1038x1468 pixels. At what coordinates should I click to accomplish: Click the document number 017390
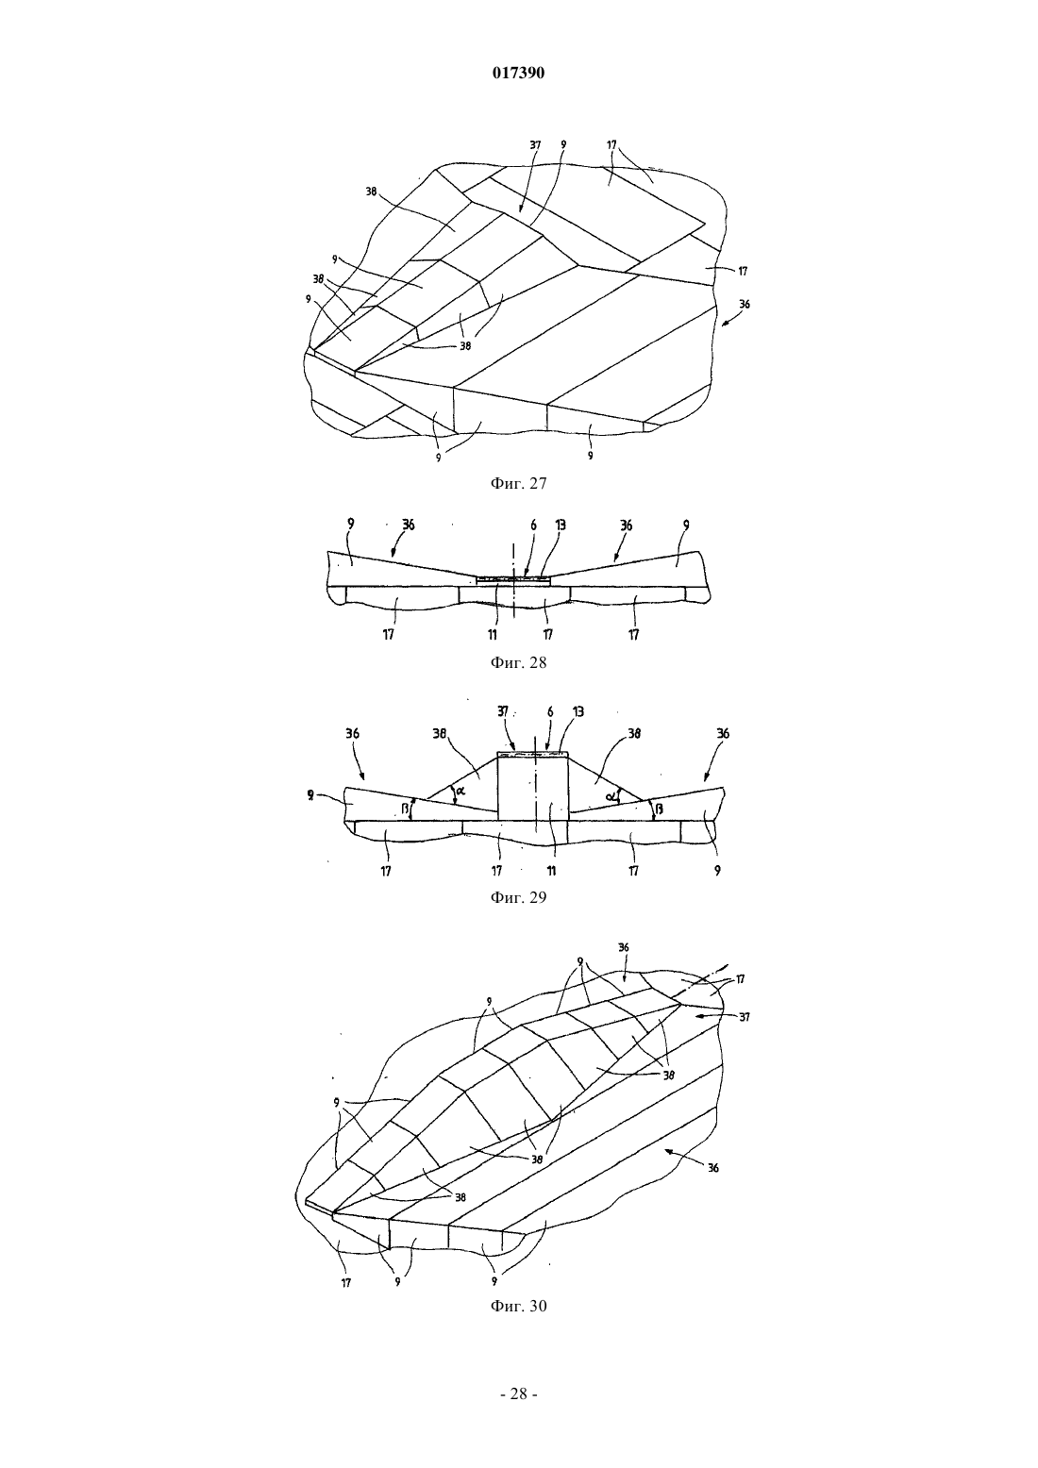518,74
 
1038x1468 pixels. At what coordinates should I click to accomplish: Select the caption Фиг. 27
518,484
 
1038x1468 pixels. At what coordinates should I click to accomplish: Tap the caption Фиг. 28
518,662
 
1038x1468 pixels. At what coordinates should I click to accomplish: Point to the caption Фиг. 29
518,897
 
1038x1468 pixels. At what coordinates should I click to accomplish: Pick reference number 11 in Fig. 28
493,634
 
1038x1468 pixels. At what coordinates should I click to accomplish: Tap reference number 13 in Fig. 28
561,525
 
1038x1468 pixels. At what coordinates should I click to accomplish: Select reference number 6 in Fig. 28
533,525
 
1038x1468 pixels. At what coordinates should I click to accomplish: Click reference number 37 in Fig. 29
503,711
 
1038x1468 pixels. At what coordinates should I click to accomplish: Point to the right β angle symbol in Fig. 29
659,809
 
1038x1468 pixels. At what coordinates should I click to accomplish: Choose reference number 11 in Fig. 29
551,871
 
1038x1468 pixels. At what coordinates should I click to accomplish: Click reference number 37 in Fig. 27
535,145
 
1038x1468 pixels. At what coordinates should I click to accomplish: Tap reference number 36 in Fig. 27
744,304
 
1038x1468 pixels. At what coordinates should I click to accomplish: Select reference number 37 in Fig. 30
744,1017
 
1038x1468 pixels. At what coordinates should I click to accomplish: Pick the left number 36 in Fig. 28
409,525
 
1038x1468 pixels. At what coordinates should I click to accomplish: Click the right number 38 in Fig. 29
634,733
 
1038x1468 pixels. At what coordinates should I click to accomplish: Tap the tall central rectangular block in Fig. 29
533,786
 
